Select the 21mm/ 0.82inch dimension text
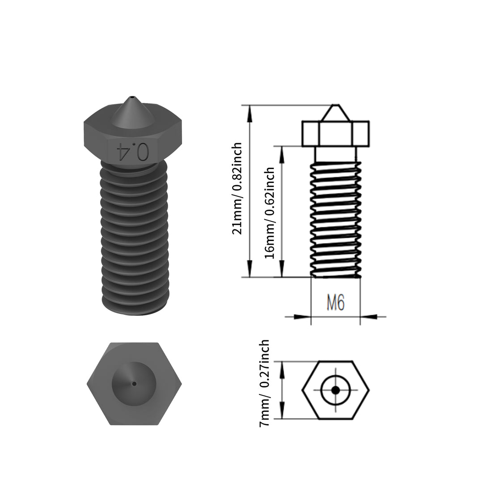click(237, 188)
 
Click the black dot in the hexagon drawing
click(335, 390)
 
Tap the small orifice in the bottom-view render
click(134, 383)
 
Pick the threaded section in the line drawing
click(335, 219)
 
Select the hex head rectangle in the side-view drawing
click(335, 133)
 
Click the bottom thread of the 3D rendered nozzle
click(134, 306)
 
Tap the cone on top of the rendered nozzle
click(132, 112)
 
